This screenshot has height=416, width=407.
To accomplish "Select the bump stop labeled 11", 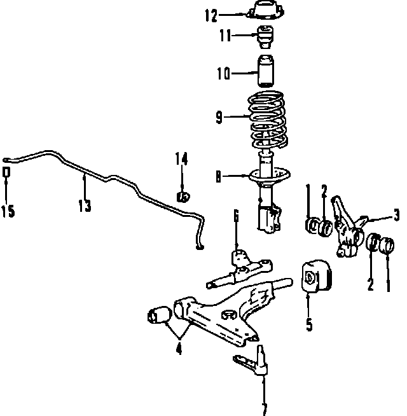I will [265, 38].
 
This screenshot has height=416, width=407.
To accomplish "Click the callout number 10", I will [223, 74].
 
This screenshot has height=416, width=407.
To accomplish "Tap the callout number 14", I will [182, 159].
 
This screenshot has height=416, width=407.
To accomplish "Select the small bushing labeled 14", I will [183, 195].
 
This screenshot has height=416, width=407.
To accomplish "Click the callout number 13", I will [84, 205].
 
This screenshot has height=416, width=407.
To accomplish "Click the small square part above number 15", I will [7, 172].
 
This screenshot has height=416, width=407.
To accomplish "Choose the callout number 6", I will [236, 216].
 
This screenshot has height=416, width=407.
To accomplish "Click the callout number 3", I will [396, 215].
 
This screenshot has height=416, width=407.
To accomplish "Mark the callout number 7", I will [265, 408].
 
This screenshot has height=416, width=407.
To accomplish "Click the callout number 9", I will [219, 116].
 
